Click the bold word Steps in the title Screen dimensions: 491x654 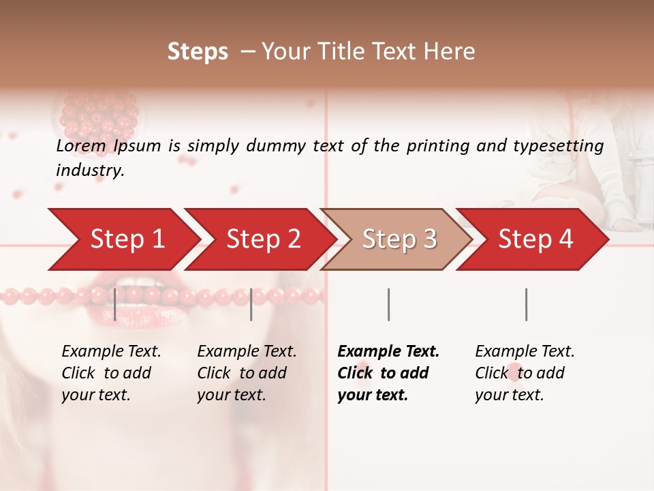tap(198, 52)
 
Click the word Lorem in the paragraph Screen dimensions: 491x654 tap(81, 146)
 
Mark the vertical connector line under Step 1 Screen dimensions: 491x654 tap(115, 304)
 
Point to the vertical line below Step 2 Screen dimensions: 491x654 tap(251, 304)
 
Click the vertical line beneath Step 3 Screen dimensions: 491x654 tap(388, 304)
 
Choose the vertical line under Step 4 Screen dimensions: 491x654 tap(526, 304)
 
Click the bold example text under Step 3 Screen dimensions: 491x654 tap(388, 373)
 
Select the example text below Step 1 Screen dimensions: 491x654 tap(111, 373)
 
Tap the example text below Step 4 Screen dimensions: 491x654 tap(525, 373)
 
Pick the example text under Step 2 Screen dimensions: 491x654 tap(247, 373)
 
